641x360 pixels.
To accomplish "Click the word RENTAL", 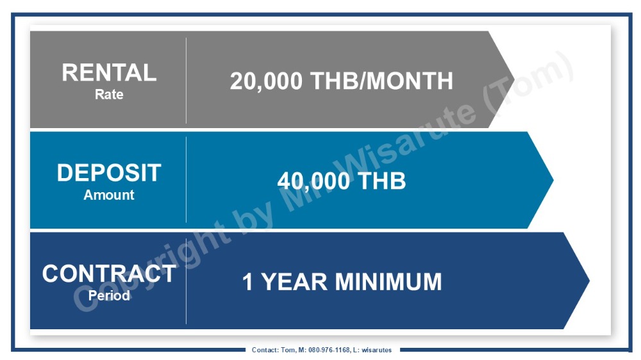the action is (x=109, y=73).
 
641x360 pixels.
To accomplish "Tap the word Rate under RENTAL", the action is (x=109, y=94).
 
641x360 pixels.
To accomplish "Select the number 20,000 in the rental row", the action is (x=266, y=81).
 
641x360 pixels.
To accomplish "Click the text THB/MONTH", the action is (x=382, y=81).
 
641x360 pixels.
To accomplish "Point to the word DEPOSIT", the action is (x=109, y=173).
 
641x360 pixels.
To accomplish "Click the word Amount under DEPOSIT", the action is (x=109, y=195).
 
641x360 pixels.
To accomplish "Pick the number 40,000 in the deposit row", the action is (x=313, y=181).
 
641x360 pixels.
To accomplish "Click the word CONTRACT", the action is (x=109, y=274).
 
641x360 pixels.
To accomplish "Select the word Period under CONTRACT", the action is (x=109, y=295).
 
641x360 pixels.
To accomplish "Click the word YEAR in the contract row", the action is (x=294, y=282).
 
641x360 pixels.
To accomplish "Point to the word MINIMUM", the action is (x=389, y=282).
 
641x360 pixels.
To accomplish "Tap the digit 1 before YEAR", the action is (x=247, y=282).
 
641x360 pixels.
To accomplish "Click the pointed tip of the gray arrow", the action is (x=514, y=79).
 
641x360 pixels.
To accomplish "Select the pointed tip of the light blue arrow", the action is (x=553, y=180).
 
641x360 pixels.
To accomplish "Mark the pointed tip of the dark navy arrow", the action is (x=589, y=281).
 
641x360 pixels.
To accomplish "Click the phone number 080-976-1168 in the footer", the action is (x=329, y=350).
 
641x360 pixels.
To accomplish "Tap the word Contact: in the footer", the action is (x=265, y=350).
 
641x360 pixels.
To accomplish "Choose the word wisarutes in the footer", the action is (x=376, y=350).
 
